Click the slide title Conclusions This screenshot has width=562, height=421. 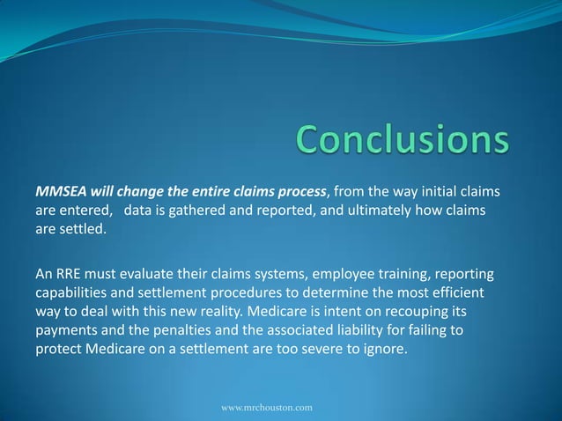403,141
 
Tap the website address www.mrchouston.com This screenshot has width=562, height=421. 266,409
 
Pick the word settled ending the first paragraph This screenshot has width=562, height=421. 84,232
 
